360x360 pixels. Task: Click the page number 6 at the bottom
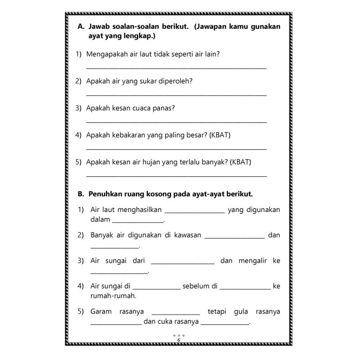pos(179,340)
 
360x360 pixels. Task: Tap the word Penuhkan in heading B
pos(105,194)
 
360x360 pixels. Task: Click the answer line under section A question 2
pos(176,95)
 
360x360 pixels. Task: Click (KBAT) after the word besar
pos(220,135)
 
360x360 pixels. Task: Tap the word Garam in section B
pos(100,311)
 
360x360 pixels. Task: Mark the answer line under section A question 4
pos(176,149)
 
